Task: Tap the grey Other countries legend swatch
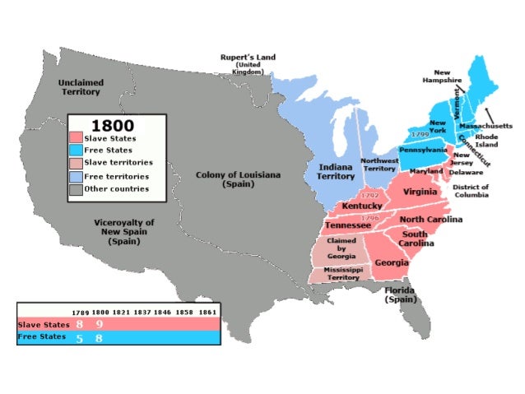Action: point(76,188)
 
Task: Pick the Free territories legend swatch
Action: point(76,175)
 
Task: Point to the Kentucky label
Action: point(362,205)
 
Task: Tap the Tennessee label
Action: point(347,225)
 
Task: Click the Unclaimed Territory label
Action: point(80,88)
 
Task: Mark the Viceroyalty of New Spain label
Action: point(124,232)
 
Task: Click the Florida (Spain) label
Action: point(401,295)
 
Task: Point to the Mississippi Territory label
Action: point(341,274)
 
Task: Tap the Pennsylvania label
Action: point(423,151)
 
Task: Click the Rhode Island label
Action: point(498,141)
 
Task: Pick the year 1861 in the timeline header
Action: point(207,313)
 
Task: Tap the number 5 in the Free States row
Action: point(79,338)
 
